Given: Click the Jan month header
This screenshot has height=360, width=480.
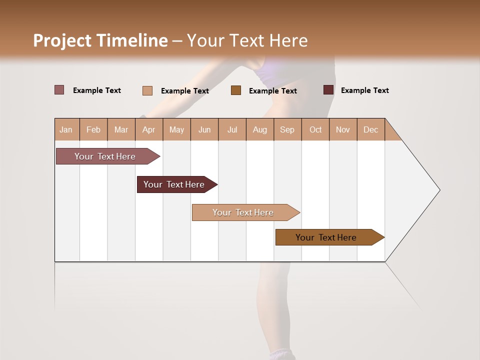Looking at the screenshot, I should pos(66,129).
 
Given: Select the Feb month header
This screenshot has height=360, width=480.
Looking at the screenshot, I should pos(93,129).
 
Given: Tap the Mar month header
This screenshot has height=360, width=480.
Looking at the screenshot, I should pos(121,129).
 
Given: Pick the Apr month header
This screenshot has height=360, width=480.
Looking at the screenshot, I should pos(149,129).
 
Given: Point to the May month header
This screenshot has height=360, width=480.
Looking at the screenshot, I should pos(176,129).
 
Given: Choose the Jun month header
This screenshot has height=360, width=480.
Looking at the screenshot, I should pos(204,129).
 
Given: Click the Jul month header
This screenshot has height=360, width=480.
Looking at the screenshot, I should pos(232,129).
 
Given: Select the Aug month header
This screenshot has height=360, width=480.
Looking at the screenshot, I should pos(260,129).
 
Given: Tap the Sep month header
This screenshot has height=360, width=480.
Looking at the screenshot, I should pos(287,129).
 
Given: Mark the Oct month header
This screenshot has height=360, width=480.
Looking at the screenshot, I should pos(315,129).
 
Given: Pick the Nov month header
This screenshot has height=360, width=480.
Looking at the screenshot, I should pos(343,129).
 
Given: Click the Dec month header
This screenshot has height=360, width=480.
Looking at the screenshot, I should pos(371,129).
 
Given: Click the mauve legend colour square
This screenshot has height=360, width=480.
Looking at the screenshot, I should pos(59,90).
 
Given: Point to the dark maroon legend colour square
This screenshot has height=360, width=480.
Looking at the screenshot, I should pos(328,90).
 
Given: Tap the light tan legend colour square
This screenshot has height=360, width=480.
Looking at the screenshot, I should pos(147,90).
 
